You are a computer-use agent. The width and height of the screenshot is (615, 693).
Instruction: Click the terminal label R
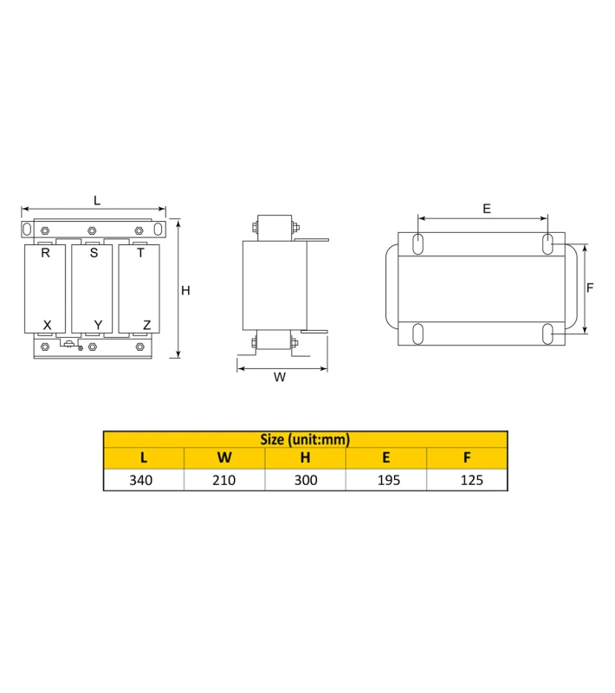(46, 253)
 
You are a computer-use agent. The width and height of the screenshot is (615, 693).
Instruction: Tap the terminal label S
(94, 253)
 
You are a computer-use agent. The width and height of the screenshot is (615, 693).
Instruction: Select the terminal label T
(140, 253)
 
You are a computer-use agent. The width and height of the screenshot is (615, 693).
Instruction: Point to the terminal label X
(48, 326)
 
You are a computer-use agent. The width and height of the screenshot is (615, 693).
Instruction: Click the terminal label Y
(98, 326)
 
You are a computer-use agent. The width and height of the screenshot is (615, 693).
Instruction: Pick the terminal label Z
(147, 326)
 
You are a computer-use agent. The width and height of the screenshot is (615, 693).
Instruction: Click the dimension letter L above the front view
(97, 201)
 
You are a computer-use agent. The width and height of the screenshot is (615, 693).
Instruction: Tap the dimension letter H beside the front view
(185, 290)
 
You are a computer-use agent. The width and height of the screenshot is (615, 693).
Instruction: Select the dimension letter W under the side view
(280, 377)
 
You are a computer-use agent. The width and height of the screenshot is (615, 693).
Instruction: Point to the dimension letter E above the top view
(487, 209)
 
